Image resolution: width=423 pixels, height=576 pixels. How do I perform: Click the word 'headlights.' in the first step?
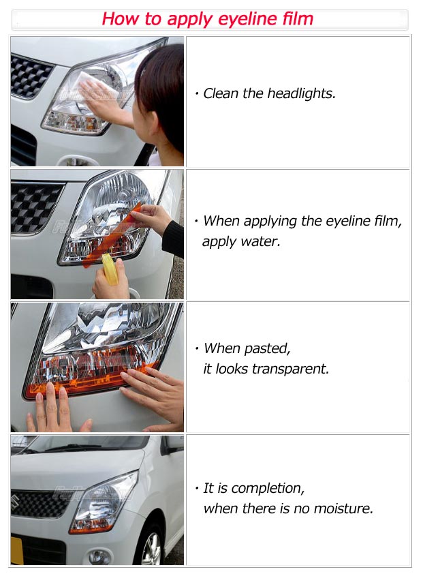pyautogui.click(x=301, y=93)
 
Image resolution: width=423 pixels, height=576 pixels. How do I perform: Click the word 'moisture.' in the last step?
pyautogui.click(x=343, y=509)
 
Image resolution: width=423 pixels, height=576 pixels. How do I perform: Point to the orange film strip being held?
pyautogui.click(x=111, y=235)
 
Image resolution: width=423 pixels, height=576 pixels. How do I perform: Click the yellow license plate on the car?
pyautogui.click(x=16, y=550)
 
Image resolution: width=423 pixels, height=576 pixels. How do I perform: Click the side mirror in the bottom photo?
pyautogui.click(x=173, y=444)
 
